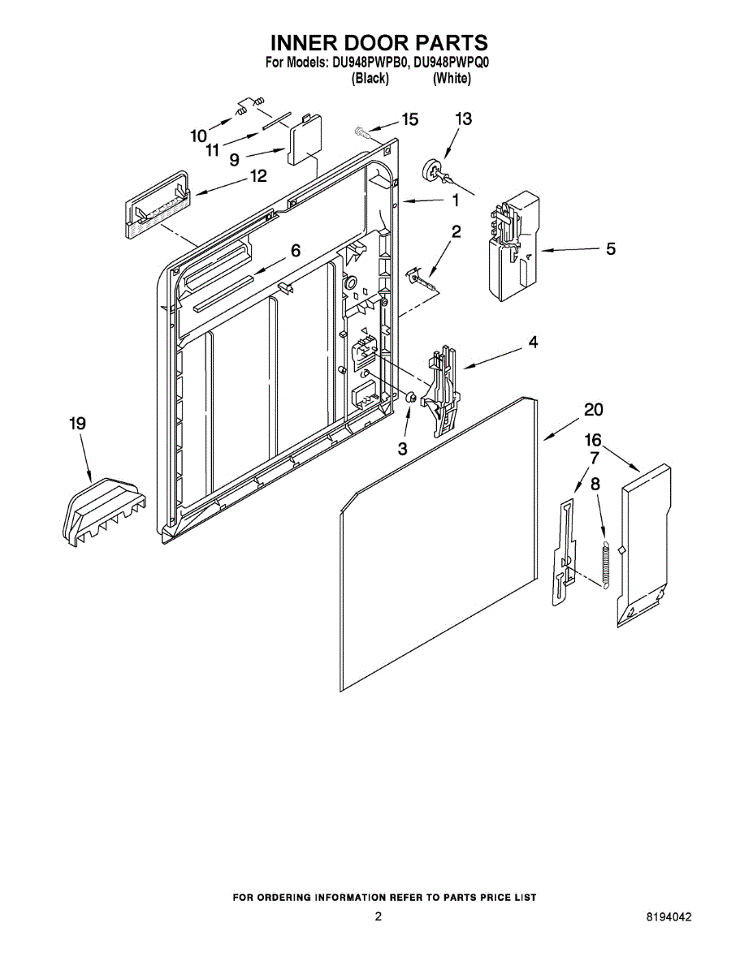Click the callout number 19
[x=77, y=424]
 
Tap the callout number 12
[x=257, y=176]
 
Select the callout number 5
[x=610, y=249]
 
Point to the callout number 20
[x=593, y=409]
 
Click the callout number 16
[x=593, y=440]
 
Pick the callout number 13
[x=462, y=119]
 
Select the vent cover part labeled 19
[x=102, y=507]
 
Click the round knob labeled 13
[x=431, y=169]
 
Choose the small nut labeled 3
[x=411, y=398]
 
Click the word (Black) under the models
[x=370, y=79]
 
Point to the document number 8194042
[x=669, y=917]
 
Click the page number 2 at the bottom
[x=378, y=917]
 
